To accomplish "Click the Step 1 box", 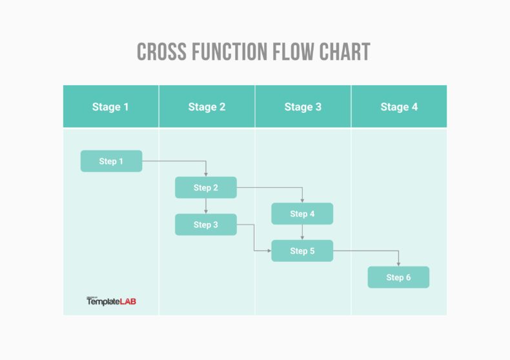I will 111,161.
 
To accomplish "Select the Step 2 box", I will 206,188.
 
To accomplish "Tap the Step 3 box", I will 206,225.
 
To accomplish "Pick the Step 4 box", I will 302,214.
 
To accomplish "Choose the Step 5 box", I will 302,251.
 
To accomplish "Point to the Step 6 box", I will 398,277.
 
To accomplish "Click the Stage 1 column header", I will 110,106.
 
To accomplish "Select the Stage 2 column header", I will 207,106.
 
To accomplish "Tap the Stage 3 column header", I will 303,106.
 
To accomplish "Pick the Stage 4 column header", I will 399,106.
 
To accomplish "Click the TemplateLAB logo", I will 111,301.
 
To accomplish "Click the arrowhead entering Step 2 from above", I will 206,174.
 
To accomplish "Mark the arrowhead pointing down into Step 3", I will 206,211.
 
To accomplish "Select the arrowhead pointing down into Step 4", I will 302,200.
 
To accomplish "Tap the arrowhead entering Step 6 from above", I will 398,263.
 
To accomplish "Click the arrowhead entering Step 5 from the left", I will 268,250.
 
